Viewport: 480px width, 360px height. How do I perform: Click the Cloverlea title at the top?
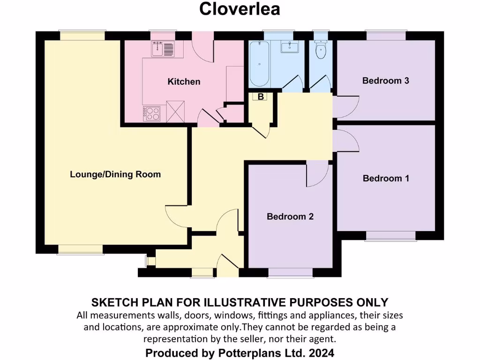[x=240, y=9]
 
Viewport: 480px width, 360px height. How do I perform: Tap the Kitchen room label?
[x=184, y=82]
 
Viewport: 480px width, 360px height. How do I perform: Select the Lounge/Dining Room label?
[x=115, y=174]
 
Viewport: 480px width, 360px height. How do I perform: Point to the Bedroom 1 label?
[x=386, y=178]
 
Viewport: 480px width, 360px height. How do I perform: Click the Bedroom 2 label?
[x=290, y=217]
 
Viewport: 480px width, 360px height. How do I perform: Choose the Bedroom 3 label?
[x=386, y=81]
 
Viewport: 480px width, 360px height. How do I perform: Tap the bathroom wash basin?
[x=290, y=47]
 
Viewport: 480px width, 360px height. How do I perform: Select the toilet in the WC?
[x=321, y=51]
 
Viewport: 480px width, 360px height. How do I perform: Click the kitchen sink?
[x=162, y=48]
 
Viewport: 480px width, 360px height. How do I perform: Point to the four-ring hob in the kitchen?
[x=153, y=113]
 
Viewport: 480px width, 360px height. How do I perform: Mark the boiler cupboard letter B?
[x=261, y=97]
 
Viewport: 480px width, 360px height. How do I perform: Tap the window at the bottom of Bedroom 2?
[x=290, y=272]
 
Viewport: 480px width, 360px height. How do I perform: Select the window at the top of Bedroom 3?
[x=386, y=36]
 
